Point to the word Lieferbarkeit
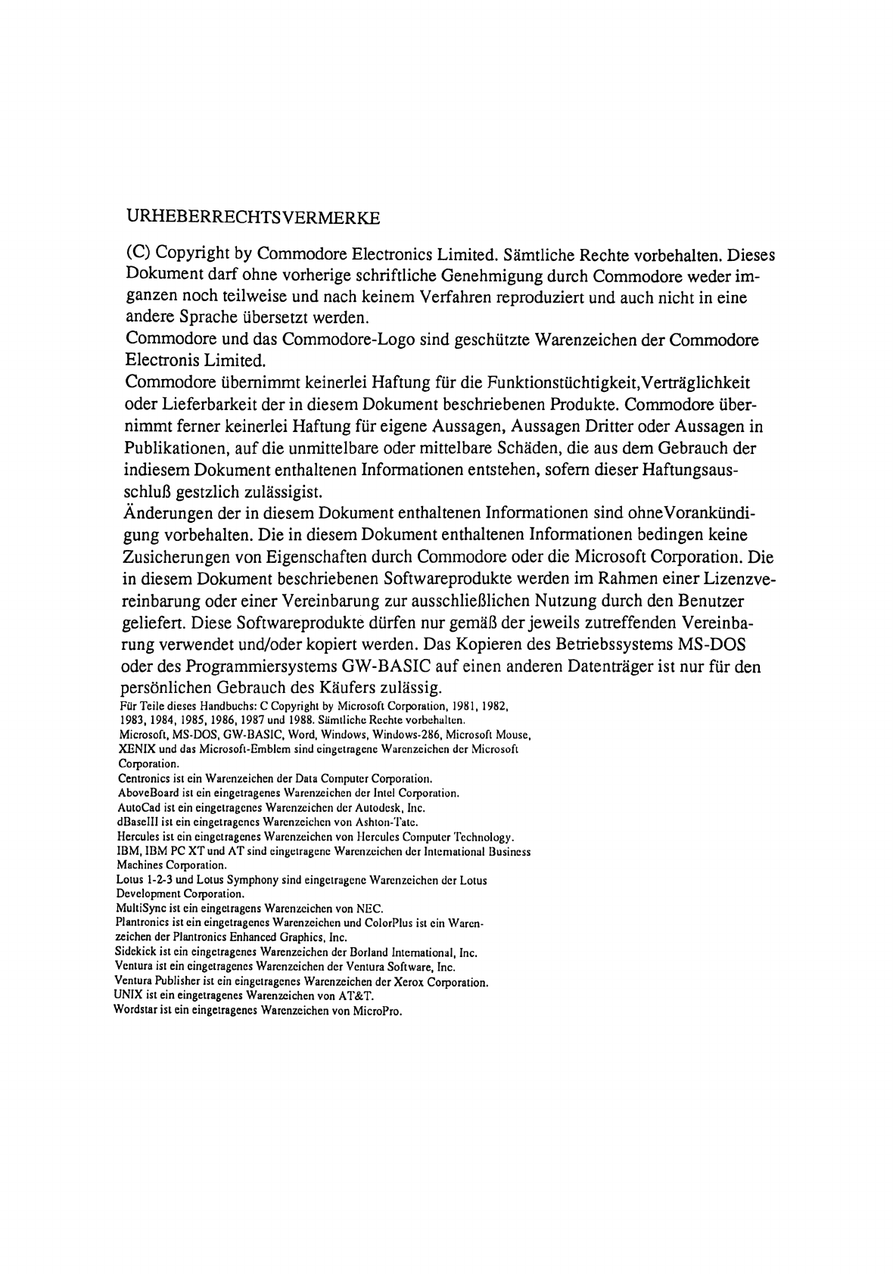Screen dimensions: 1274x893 (200, 404)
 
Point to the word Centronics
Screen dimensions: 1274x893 (144, 778)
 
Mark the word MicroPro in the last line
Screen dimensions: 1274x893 (375, 1011)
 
